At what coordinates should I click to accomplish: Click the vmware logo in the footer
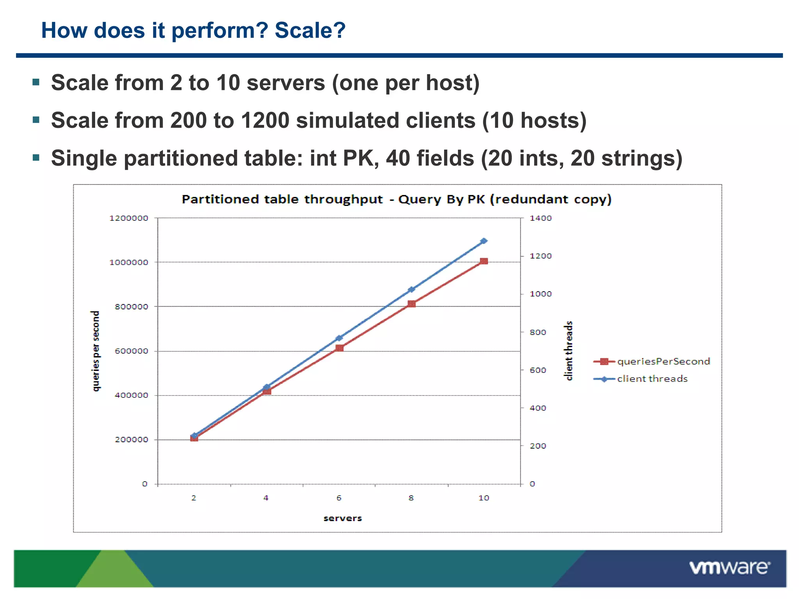(x=729, y=568)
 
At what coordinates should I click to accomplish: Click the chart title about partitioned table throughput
(x=396, y=199)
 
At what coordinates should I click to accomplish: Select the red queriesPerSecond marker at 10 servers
(x=484, y=261)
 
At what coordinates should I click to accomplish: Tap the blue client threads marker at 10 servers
(x=484, y=241)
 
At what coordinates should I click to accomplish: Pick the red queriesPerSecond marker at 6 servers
(x=339, y=348)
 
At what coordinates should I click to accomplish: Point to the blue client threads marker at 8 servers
(x=411, y=290)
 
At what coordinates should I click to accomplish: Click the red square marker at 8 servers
(x=412, y=304)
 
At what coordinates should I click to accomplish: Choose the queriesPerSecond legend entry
(x=663, y=362)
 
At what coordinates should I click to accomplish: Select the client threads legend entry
(x=652, y=379)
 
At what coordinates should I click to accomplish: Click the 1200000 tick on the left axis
(x=129, y=218)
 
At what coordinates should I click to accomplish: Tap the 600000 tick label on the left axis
(x=131, y=351)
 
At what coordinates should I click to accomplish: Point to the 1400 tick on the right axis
(x=540, y=218)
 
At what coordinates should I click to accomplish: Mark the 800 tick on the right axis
(x=538, y=332)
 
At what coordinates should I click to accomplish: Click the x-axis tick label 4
(x=266, y=498)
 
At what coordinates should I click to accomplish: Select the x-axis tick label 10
(x=484, y=498)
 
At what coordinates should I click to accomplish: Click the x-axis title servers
(x=343, y=518)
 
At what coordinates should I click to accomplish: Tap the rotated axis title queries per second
(x=96, y=351)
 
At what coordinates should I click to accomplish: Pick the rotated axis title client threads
(x=569, y=351)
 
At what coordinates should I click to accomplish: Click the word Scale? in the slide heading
(x=310, y=30)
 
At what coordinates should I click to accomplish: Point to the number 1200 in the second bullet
(x=265, y=120)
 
